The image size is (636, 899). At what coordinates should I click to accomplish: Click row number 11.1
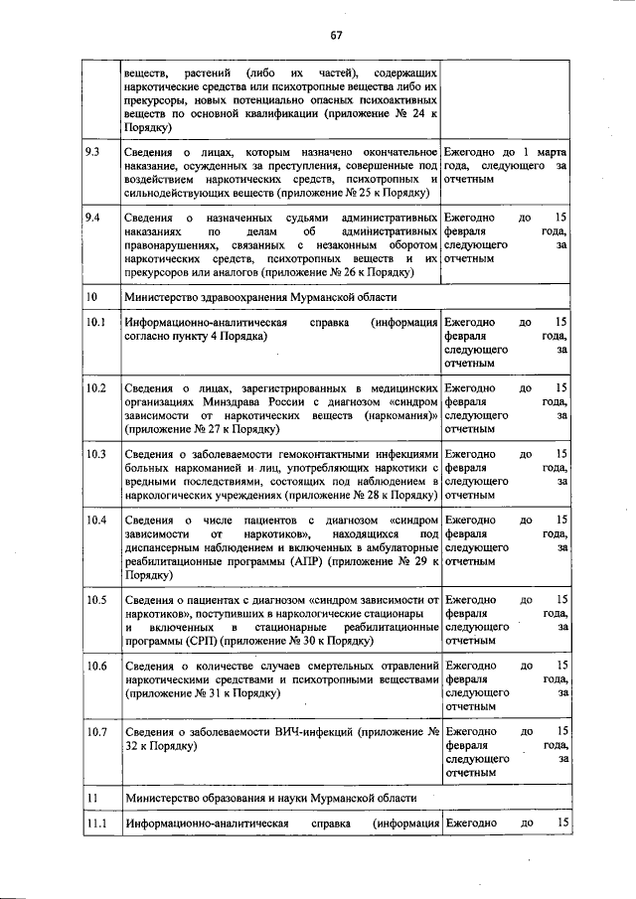[95, 824]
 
